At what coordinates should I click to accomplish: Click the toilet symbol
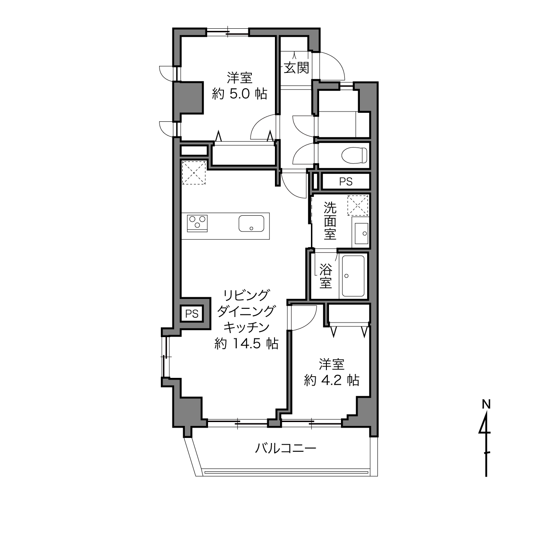click(354, 155)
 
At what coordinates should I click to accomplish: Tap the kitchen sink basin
click(251, 223)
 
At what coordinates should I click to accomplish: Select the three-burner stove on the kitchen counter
click(197, 223)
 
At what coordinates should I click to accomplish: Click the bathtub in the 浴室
click(353, 276)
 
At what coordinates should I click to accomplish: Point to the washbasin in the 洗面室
click(361, 233)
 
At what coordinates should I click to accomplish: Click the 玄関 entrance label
click(296, 67)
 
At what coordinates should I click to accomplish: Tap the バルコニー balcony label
click(286, 448)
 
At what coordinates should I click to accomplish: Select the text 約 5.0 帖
click(240, 94)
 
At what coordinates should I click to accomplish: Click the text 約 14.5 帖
click(246, 344)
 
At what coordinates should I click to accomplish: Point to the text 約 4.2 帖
click(332, 380)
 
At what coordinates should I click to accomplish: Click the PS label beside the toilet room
click(346, 182)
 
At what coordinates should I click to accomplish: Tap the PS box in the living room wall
click(192, 314)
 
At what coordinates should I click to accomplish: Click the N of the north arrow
click(486, 404)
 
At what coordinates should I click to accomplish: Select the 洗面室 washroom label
click(330, 221)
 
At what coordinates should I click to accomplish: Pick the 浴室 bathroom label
click(326, 276)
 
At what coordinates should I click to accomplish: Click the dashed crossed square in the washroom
click(358, 205)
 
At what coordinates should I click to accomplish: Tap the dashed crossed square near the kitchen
click(194, 172)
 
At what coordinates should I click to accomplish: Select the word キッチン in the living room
click(247, 327)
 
